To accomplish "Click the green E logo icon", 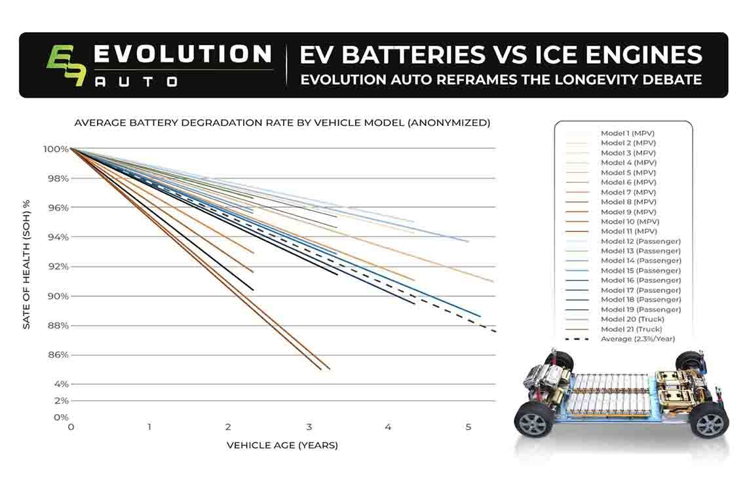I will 66,66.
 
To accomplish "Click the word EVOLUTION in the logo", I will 182,54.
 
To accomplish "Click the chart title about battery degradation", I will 282,123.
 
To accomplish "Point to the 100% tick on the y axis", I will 56,149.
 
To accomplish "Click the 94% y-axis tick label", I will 58,237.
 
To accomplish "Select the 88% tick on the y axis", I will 58,325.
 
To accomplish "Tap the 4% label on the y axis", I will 61,383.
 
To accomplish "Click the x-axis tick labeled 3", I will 309,427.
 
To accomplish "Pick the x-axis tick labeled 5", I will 468,427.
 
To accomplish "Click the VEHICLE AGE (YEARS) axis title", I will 282,446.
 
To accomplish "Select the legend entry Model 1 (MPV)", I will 628,133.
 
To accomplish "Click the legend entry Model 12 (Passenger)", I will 640,241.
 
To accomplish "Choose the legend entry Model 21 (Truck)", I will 631,329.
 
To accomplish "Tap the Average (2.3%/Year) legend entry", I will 638,339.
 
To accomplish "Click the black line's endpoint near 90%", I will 253,290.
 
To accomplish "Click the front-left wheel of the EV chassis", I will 534,419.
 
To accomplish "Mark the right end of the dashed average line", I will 495,332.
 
